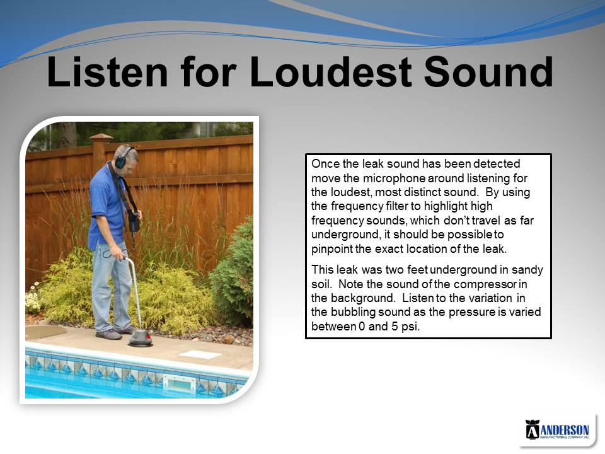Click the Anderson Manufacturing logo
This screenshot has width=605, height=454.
[557, 429]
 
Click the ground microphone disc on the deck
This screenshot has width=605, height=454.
[140, 338]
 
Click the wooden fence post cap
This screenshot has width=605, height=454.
[101, 137]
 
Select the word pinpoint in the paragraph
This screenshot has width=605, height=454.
[331, 249]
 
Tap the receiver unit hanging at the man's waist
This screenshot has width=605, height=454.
[134, 221]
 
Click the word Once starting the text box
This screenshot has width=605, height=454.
[325, 164]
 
